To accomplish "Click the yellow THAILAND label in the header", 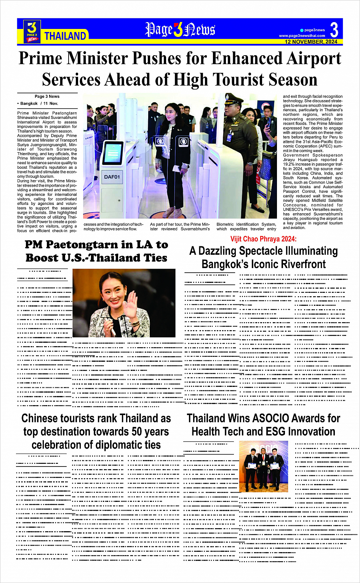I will point(65,36).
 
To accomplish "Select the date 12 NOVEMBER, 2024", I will point(311,42).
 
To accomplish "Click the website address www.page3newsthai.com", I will point(302,36).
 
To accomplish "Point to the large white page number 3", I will point(334,30).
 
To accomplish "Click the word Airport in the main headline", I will point(314,59).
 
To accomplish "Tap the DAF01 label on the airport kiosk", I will point(112,177).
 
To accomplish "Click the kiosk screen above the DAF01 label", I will point(113,153).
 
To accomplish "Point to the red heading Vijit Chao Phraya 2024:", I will point(263,239).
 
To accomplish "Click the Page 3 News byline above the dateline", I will point(47,96).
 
